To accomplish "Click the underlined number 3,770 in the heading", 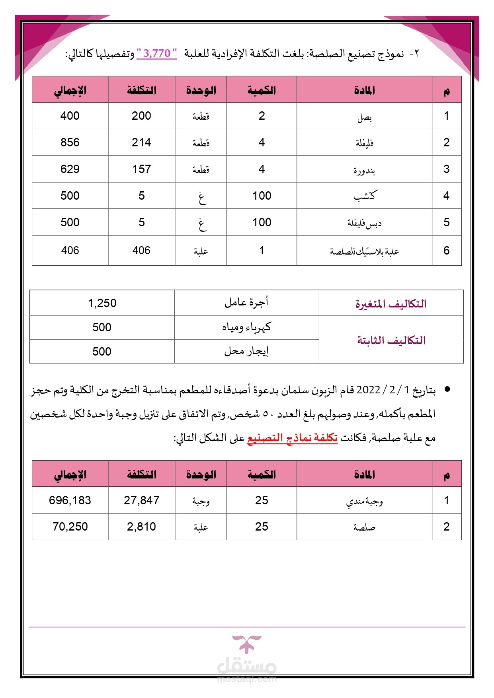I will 156,53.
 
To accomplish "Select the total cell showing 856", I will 70,142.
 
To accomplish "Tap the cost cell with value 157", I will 141,169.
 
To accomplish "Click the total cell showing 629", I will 70,169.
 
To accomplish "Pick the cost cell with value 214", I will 141,142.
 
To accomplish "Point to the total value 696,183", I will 70,500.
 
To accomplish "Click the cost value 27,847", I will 141,500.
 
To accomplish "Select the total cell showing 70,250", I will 70,527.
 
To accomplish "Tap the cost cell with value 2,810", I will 141,527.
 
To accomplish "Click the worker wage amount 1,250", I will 102,303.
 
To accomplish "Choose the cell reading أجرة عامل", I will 246,303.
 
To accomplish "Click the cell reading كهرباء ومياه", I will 246,327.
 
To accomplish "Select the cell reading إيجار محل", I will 246,351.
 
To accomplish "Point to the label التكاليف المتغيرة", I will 391,304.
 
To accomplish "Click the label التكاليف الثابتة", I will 391,340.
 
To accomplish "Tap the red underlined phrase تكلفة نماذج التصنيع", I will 292,438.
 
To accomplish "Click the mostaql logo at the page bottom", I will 247,658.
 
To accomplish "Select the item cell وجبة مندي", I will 364,501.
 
